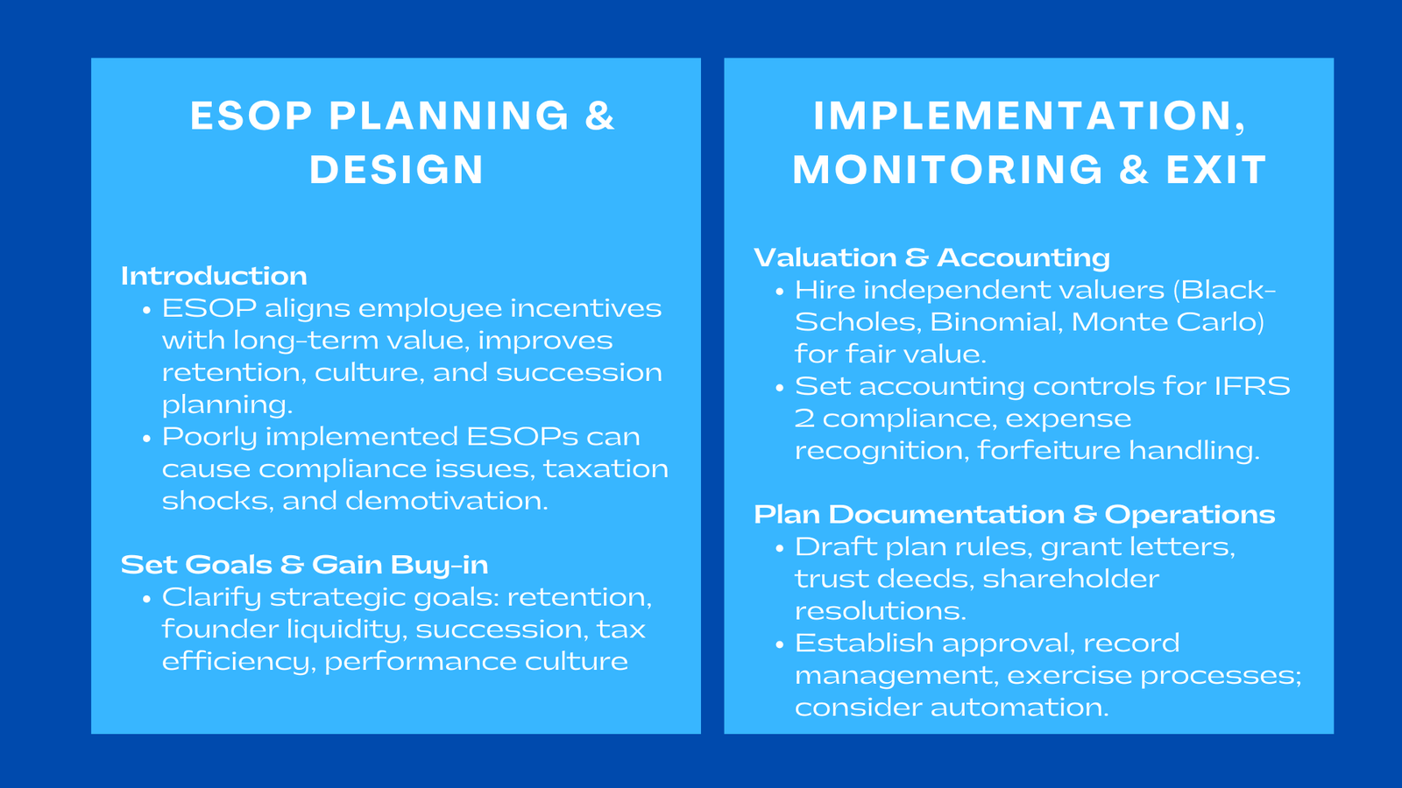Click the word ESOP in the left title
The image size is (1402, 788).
[251, 116]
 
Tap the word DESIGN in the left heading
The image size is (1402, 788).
[396, 170]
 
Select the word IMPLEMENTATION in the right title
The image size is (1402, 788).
[1022, 116]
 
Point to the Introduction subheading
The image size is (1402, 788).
[214, 276]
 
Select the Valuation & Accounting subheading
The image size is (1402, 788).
[931, 257]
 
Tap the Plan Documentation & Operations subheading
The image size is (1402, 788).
[1014, 514]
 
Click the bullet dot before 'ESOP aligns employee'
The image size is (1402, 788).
[146, 310]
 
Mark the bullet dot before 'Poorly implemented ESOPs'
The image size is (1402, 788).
[146, 438]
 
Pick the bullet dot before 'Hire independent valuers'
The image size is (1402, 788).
[779, 292]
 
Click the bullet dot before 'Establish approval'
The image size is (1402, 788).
[779, 645]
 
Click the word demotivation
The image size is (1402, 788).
[446, 501]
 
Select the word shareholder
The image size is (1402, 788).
[1070, 579]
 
